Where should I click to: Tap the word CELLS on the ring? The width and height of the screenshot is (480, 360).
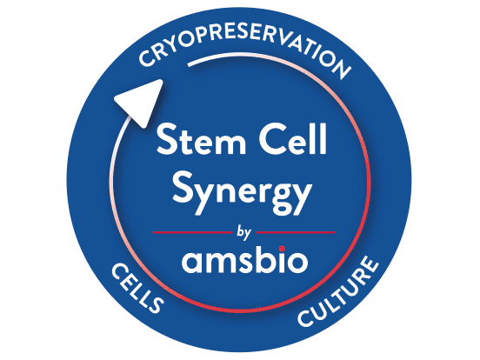click(137, 288)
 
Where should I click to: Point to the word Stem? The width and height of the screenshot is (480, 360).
click(201, 140)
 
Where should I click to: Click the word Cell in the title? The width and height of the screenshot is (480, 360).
click(293, 138)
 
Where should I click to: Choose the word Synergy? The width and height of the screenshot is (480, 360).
click(242, 193)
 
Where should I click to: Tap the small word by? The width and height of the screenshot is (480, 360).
click(243, 233)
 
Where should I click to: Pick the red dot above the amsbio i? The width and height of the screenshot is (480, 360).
click(282, 249)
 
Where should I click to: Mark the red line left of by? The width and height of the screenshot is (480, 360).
click(192, 233)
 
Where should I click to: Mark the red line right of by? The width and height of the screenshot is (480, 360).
click(296, 233)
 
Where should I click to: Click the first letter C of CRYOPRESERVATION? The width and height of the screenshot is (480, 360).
click(147, 57)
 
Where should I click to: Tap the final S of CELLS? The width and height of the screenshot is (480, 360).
click(155, 303)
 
